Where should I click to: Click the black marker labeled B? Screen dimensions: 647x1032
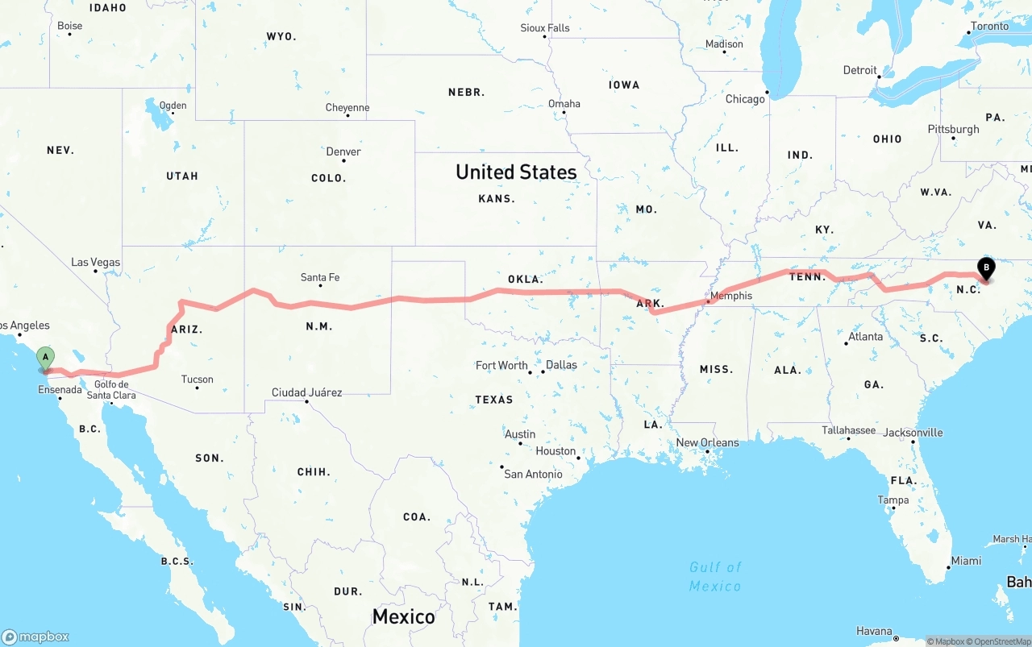tap(985, 269)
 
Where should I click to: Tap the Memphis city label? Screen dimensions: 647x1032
tap(731, 296)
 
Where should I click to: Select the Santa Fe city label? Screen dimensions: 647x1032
tap(319, 277)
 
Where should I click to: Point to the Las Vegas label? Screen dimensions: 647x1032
tap(95, 262)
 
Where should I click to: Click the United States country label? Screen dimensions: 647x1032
tap(516, 172)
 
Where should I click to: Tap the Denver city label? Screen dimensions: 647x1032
tap(343, 151)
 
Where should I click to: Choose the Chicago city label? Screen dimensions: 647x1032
tap(744, 99)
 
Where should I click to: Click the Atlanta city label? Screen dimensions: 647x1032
tap(865, 336)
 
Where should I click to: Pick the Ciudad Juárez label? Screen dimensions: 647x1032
tap(306, 392)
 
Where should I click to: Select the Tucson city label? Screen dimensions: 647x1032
tap(198, 379)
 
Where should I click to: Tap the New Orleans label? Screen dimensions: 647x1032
tap(707, 442)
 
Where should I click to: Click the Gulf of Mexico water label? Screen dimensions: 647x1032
tap(715, 576)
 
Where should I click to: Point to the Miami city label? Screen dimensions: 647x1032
tap(966, 561)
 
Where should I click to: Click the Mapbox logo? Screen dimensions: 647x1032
tap(35, 637)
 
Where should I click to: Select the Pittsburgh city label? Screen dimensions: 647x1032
tap(953, 129)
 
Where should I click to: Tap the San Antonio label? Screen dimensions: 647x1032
tap(533, 474)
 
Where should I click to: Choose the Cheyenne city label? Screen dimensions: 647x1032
tap(347, 107)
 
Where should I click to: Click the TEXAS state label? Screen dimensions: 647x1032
tap(493, 400)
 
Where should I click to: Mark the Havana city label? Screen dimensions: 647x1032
tap(874, 631)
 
